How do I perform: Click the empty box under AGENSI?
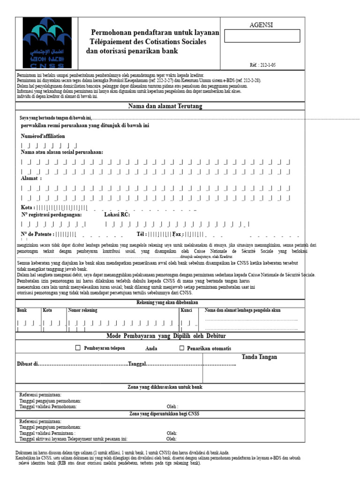[262, 36]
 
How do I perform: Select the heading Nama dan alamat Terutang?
[165, 107]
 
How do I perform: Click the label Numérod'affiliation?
[43, 136]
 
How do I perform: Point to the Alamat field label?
[30, 179]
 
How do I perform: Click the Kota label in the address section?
[27, 207]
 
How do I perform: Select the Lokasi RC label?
[117, 215]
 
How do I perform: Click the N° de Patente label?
[37, 234]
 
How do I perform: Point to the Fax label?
[177, 234]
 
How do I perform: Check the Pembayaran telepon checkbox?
[78, 348]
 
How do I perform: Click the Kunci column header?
[186, 310]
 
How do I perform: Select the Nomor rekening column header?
[83, 310]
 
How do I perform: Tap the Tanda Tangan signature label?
[259, 357]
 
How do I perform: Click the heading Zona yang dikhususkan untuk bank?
[165, 387]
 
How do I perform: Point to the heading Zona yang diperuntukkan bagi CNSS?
[164, 413]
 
